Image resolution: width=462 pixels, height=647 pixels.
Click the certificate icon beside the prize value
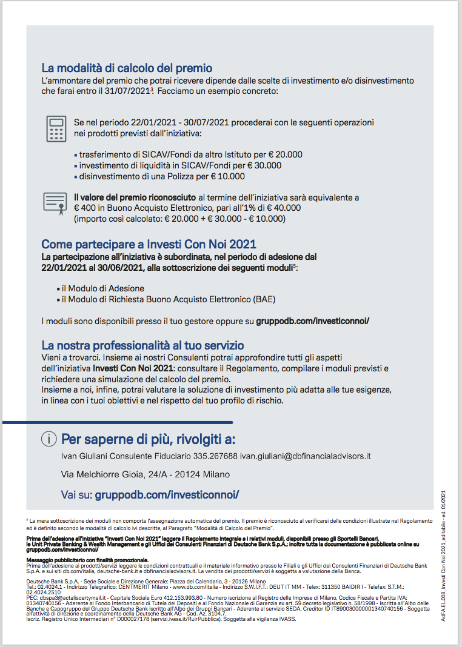coord(55,202)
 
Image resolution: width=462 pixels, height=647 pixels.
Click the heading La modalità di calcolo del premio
coord(127,68)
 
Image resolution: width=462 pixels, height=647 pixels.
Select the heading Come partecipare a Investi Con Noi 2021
coord(149,245)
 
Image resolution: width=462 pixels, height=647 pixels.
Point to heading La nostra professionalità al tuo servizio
coord(142,346)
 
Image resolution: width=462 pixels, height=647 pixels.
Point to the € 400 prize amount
coord(85,208)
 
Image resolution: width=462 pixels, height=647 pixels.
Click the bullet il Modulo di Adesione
coord(103,288)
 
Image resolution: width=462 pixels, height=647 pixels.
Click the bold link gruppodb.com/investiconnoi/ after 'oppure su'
coord(312,320)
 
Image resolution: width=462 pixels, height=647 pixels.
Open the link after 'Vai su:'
coord(167,495)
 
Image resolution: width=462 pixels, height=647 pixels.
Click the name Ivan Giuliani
coord(89,456)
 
